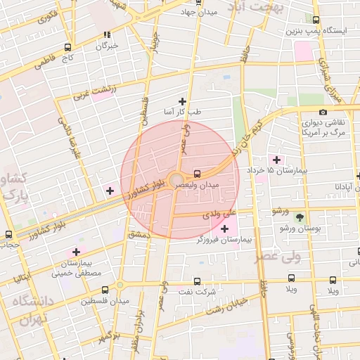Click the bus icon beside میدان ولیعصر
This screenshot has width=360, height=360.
pos(198,172)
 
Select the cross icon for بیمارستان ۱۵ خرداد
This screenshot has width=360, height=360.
pos(276,159)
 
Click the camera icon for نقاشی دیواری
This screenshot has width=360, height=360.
pos(323,112)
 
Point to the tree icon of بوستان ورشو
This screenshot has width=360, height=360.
pos(300,217)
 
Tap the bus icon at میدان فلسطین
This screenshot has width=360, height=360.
pos(105,290)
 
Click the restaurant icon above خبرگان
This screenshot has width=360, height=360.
pos(107,34)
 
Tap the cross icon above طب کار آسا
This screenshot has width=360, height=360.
pos(184,101)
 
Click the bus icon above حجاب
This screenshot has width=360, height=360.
pos(8,234)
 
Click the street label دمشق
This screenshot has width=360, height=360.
pos(139,234)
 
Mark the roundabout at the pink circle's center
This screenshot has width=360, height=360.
pos(176,179)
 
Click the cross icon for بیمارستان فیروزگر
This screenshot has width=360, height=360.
pos(224,229)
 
